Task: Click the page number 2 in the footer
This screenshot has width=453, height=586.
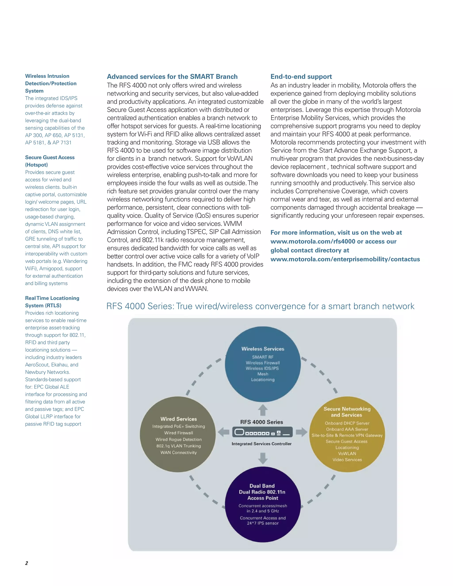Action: pos(27,563)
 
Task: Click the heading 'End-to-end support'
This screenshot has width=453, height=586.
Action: pos(301,77)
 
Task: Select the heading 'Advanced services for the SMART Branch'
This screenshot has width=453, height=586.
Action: pos(172,77)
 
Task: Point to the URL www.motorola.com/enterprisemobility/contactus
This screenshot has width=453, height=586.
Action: pos(345,259)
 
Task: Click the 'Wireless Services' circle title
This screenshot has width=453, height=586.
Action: pos(263,349)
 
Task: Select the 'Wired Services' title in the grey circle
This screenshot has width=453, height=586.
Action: pos(179,419)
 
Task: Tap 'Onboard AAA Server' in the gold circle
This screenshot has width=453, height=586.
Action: pos(347,429)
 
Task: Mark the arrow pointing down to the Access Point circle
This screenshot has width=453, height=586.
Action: pos(263,458)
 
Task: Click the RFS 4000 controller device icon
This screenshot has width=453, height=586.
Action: pos(262,432)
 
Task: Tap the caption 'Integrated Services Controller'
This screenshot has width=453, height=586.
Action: pos(262,444)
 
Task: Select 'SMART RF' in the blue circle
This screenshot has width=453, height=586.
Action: pos(263,357)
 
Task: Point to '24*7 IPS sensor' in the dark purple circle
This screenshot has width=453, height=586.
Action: pos(263,523)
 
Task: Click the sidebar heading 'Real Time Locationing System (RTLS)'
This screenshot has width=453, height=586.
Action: pos(52,302)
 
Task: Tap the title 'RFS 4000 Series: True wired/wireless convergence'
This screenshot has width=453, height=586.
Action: pos(260,306)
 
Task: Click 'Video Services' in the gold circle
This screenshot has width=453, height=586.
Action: pos(347,460)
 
